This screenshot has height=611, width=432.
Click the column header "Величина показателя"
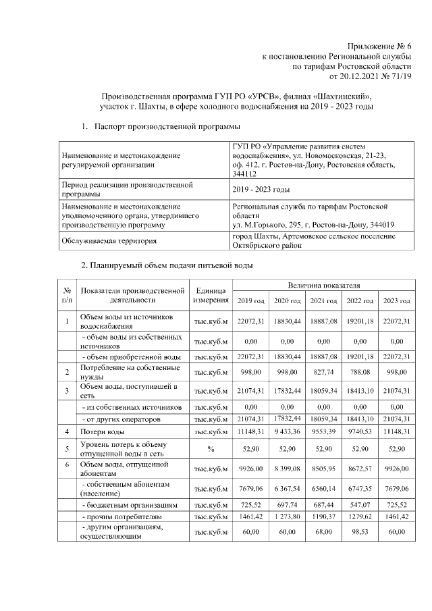point(323,286)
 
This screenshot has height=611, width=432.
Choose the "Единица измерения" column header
point(211,294)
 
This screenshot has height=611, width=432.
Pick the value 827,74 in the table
point(323,372)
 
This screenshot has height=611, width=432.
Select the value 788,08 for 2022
point(359,372)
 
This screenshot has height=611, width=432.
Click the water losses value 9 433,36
point(286,430)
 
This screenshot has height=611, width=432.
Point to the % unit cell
point(211,448)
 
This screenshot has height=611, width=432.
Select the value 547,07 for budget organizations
point(359,504)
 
